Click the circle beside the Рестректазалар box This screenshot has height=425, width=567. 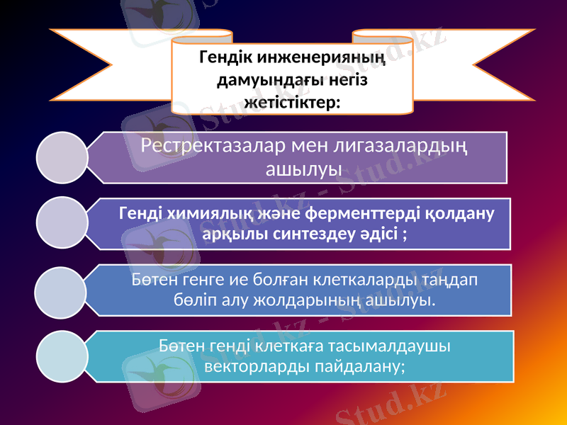(x=61, y=157)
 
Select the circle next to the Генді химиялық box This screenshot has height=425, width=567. (x=61, y=224)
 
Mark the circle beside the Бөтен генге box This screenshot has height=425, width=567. (x=61, y=290)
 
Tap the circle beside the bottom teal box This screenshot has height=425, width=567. (x=61, y=356)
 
